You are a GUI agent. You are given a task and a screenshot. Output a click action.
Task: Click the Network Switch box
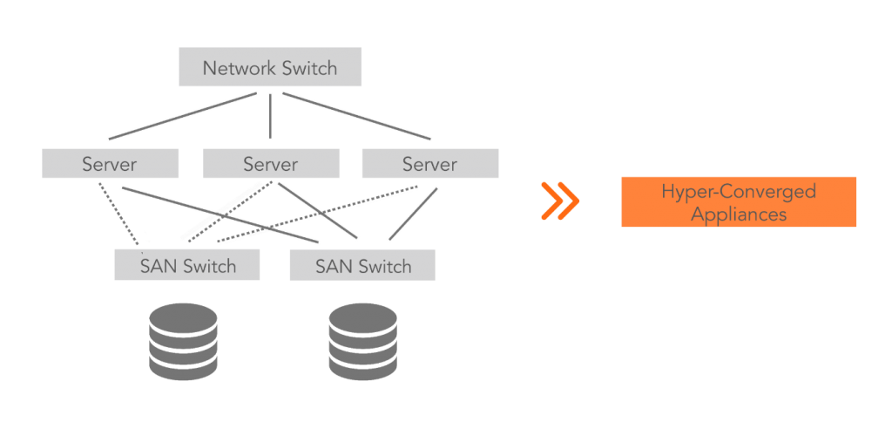(270, 68)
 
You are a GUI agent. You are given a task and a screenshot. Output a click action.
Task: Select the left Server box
(110, 164)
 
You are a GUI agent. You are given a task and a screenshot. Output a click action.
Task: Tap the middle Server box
(271, 164)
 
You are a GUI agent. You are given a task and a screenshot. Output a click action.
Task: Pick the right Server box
(429, 164)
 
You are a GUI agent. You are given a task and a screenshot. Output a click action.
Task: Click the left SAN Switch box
(187, 266)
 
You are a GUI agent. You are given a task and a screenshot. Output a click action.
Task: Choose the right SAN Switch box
(362, 266)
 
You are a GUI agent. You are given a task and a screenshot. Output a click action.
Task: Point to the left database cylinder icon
(183, 341)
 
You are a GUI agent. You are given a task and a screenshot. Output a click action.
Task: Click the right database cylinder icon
(362, 341)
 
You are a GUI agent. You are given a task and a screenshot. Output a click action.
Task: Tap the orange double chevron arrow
(559, 201)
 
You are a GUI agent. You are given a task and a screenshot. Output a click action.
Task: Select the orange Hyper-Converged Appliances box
(739, 201)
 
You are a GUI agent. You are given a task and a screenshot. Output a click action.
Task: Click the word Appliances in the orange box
(739, 214)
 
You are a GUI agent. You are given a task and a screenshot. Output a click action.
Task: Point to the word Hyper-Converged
(739, 191)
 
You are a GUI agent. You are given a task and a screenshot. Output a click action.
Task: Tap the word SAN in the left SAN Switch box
(158, 266)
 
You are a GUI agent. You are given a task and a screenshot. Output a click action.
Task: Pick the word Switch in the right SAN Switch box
(383, 266)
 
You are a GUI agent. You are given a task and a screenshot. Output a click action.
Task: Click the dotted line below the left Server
(118, 214)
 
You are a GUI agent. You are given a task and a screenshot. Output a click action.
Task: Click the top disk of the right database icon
(362, 316)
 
